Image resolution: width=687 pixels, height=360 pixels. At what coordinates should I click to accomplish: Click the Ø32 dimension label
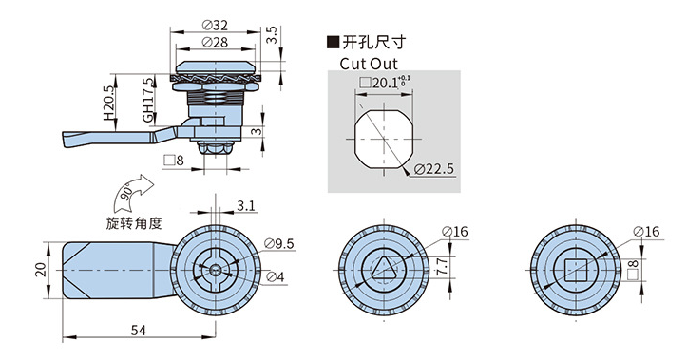[215, 26]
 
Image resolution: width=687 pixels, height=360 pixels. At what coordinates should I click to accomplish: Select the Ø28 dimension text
[215, 42]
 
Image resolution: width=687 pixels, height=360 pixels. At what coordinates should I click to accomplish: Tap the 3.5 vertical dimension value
[272, 35]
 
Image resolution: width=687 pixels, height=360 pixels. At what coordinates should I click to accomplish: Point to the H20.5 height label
[108, 103]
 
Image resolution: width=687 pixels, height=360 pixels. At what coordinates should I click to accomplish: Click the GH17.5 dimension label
[148, 101]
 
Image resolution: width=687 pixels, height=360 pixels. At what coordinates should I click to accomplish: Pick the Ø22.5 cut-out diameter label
[433, 169]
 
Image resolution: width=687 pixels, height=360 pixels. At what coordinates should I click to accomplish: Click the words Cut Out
[369, 64]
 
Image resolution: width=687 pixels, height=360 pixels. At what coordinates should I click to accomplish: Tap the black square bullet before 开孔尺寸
[333, 42]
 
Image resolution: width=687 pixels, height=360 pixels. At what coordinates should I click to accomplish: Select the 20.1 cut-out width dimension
[384, 82]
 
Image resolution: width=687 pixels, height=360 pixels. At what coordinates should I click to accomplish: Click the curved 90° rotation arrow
[131, 193]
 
